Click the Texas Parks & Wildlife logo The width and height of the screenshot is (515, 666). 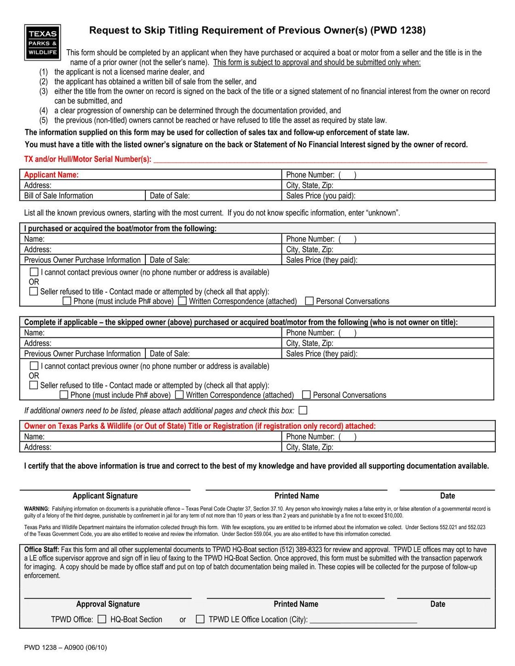[x=42, y=42]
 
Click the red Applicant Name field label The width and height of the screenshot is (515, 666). [x=51, y=175]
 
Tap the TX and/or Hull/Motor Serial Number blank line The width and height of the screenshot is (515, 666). [x=320, y=160]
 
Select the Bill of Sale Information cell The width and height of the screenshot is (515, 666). [x=58, y=196]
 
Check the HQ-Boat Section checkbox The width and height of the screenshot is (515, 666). [x=102, y=619]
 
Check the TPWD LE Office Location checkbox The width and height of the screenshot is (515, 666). [x=200, y=619]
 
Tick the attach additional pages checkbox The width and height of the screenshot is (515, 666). [x=303, y=410]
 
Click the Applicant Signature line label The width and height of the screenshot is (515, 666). [x=105, y=496]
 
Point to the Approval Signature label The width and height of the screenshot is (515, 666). [x=108, y=604]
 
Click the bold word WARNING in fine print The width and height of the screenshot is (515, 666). [x=36, y=509]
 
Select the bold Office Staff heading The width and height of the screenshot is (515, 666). [x=41, y=550]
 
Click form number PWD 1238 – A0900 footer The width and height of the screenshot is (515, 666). [x=65, y=648]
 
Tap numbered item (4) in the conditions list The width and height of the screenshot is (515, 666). [x=43, y=111]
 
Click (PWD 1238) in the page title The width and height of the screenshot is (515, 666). [x=398, y=30]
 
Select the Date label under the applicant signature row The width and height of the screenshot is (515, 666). [x=447, y=496]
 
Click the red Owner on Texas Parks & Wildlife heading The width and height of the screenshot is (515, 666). [x=200, y=426]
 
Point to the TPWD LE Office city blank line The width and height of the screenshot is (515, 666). [x=363, y=620]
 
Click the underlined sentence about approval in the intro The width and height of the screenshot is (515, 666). [x=316, y=63]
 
